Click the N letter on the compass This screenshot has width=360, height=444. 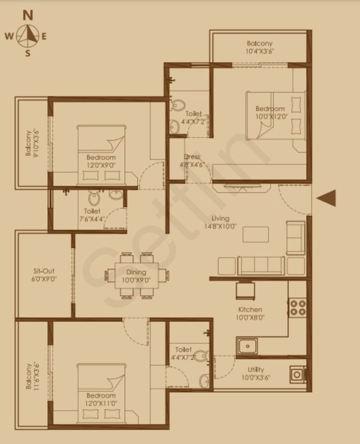pos(28,15)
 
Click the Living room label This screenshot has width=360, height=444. pos(220,218)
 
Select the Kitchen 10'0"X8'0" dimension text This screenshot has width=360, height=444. pos(250,317)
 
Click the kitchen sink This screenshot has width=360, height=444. pos(247,346)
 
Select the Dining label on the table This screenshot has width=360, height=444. pos(136,272)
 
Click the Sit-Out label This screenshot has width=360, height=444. pos(44,271)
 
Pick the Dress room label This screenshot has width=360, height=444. pos(192,157)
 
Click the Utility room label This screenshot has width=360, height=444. pos(255,370)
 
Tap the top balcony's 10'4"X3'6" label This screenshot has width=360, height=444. pos(260,51)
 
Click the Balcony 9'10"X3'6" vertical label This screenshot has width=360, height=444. pos(32,143)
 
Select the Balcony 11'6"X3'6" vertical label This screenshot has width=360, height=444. pos(32,376)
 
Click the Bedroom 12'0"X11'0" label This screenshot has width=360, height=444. pos(101,399)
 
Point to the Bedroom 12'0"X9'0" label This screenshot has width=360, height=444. pos(101,161)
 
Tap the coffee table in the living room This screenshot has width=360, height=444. pos(255,234)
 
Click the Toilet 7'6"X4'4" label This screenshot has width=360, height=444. pos(92,215)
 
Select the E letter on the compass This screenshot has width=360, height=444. pos(44,36)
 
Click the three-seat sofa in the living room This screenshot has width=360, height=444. pos(261,266)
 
